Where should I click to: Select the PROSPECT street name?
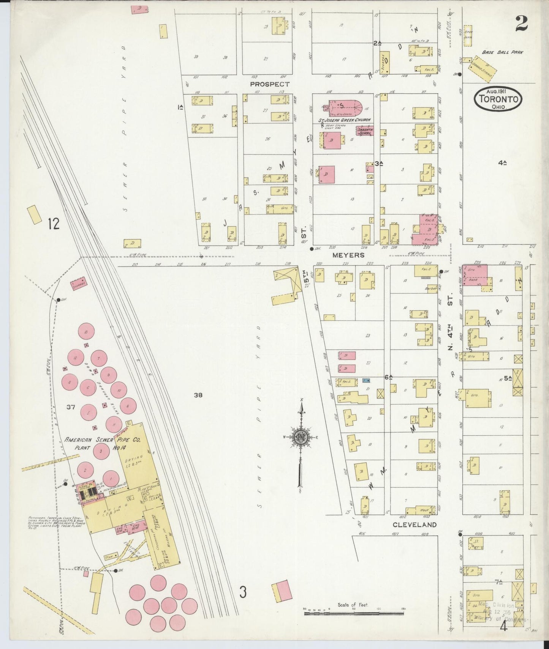tap(270, 84)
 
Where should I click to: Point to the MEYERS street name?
tap(348, 255)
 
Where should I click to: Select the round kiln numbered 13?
tap(87, 332)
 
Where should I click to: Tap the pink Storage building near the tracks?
tap(79, 282)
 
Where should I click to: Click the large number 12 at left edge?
tap(54, 224)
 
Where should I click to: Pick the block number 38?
tap(198, 395)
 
